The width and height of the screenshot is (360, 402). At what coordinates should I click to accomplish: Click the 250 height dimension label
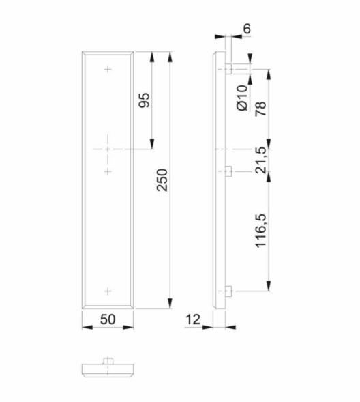tap(162, 180)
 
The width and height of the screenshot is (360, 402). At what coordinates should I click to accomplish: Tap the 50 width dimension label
tap(108, 319)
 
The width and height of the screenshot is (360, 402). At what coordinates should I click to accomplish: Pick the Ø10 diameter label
tap(242, 98)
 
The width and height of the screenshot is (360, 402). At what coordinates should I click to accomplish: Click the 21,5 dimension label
tap(260, 160)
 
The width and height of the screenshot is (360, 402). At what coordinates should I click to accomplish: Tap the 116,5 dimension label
tap(260, 231)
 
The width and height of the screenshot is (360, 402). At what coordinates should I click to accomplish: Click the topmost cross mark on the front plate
tap(108, 69)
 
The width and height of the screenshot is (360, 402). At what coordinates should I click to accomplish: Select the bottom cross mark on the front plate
tap(108, 291)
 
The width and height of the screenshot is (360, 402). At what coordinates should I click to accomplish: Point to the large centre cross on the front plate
tap(108, 148)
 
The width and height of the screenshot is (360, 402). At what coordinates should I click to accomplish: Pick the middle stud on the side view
tap(228, 171)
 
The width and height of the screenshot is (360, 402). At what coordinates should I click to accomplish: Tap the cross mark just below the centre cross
tap(108, 171)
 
